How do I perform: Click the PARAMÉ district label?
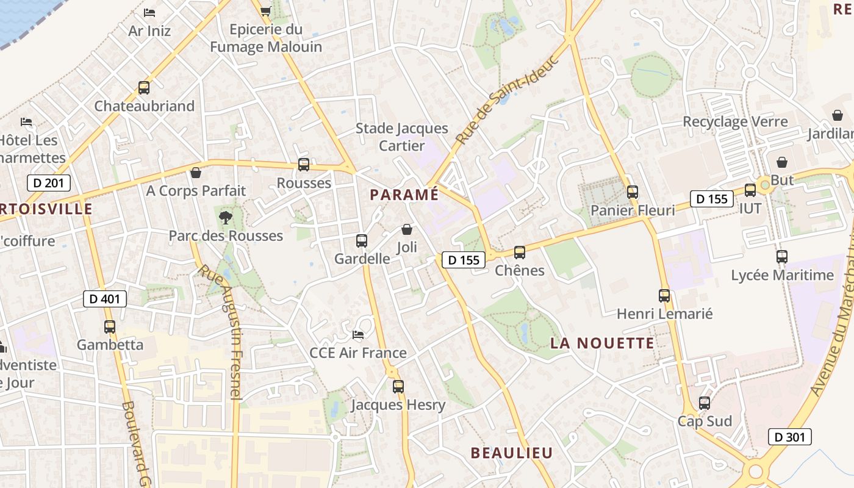404,195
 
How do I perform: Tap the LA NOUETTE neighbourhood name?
602,343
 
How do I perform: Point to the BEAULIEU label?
511,453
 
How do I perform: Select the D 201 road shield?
49,182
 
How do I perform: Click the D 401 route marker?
105,298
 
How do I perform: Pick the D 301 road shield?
789,436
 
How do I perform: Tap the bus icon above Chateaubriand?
144,87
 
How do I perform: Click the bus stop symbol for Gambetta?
110,327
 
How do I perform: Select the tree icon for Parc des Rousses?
225,217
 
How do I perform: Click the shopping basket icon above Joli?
407,229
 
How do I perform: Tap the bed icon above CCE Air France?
358,335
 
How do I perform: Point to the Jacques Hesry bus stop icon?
398,386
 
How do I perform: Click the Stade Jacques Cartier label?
401,137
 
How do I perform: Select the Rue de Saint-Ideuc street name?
508,100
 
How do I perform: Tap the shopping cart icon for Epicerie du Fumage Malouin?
265,11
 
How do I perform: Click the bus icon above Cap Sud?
705,403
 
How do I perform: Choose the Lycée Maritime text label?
782,275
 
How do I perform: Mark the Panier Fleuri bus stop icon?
633,192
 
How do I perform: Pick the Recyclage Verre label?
735,121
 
